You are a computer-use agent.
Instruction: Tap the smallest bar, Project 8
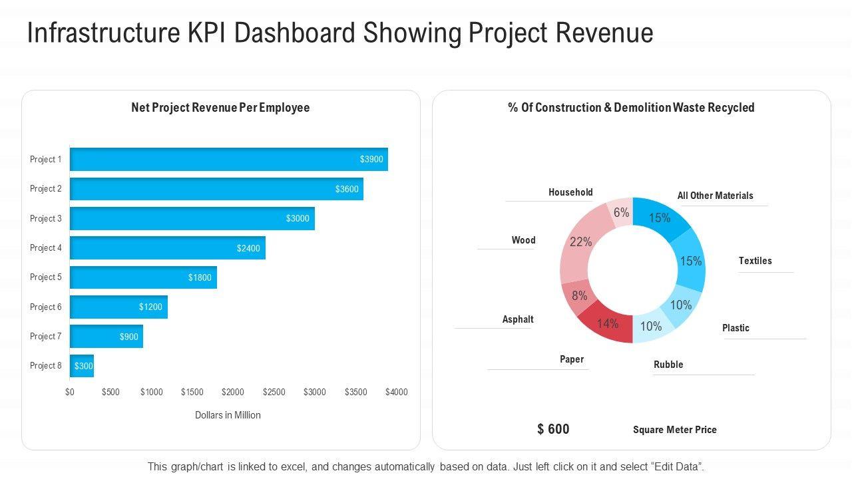click(82, 366)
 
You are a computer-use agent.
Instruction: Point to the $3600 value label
click(347, 189)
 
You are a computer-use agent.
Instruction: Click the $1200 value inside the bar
click(150, 307)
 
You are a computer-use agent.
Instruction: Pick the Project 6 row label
click(45, 307)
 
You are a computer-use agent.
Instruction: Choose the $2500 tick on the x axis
click(274, 392)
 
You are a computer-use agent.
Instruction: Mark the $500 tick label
click(110, 392)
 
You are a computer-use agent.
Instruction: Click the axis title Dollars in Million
click(228, 415)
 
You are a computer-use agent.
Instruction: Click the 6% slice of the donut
click(622, 212)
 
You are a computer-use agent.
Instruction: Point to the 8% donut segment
click(578, 296)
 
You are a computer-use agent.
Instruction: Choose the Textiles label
click(755, 261)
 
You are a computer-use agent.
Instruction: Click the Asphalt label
click(518, 319)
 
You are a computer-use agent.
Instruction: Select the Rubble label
click(668, 365)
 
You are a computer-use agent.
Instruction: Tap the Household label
click(570, 192)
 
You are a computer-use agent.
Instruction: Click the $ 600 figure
click(553, 429)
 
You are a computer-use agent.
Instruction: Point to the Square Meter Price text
click(674, 430)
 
